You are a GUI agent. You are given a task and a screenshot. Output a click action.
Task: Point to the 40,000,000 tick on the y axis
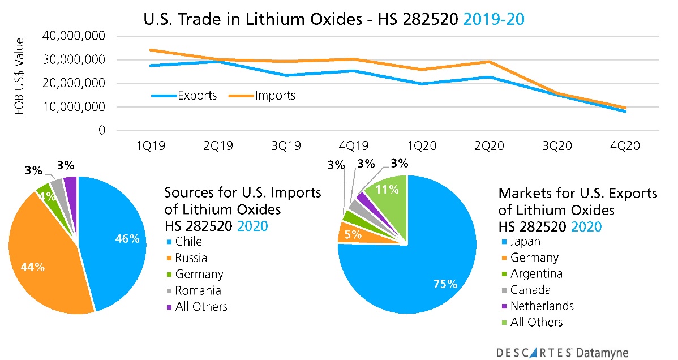click(74, 36)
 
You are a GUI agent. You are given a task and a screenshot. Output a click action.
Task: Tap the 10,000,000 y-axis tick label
click(74, 107)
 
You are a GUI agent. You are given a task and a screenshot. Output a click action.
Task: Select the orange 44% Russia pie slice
click(42, 260)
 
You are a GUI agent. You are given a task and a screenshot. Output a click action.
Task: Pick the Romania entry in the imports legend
click(199, 290)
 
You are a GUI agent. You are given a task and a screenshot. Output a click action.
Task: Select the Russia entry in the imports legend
click(191, 258)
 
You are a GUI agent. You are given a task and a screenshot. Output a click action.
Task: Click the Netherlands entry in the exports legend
click(542, 306)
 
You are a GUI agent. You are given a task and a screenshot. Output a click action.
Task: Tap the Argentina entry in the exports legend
click(537, 273)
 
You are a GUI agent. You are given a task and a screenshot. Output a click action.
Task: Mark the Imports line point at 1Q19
click(134, 50)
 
